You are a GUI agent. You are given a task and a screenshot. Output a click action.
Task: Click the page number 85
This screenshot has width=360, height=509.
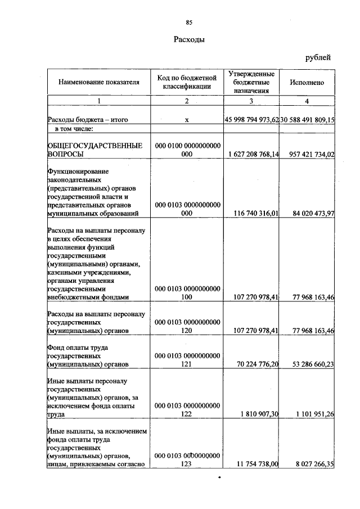tap(189, 22)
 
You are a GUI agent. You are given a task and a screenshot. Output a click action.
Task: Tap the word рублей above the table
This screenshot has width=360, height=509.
tap(318, 57)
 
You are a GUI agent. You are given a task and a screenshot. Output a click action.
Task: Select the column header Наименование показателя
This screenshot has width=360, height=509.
tap(98, 82)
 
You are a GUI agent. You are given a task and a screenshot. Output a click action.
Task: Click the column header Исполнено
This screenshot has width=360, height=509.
tap(307, 82)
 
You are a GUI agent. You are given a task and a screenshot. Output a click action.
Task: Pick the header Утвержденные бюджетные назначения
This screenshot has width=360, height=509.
tap(251, 82)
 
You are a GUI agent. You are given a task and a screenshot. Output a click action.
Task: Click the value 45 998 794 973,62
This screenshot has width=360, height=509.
tap(251, 120)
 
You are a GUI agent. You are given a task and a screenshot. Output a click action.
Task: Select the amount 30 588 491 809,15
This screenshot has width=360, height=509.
tap(308, 120)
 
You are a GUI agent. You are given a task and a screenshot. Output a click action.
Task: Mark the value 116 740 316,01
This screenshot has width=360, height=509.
tap(256, 213)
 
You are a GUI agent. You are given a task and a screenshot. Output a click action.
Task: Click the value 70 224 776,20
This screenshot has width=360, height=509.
tap(256, 364)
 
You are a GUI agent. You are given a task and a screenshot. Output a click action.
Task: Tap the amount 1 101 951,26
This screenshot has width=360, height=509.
tap(312, 415)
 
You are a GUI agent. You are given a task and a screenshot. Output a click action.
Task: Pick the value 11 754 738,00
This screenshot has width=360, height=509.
tap(256, 464)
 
